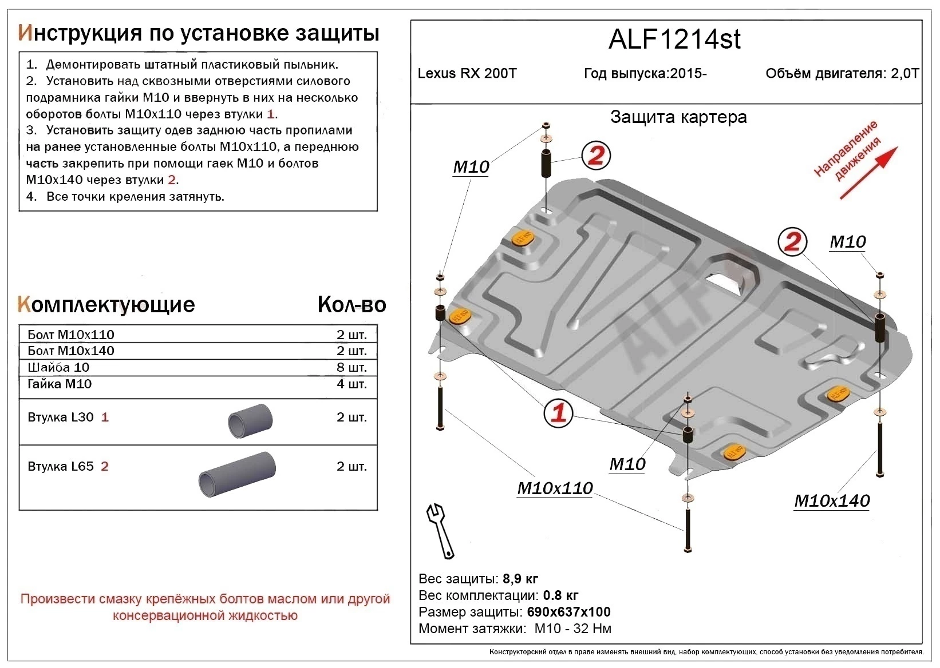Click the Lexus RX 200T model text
point(467,74)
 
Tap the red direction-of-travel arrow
point(869,172)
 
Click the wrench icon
point(440,530)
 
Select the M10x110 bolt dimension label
point(555,488)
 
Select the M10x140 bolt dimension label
point(831,501)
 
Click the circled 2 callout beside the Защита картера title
point(596,155)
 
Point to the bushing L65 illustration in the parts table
point(237,474)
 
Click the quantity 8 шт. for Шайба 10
point(351,368)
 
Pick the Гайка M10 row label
point(60,384)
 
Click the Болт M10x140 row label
point(71,351)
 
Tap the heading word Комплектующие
point(106,305)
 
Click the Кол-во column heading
point(351,305)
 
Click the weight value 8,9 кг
point(519,579)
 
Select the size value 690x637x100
point(568,612)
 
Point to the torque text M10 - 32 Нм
point(572,629)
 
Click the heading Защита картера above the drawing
point(678,117)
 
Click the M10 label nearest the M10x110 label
point(627,464)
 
